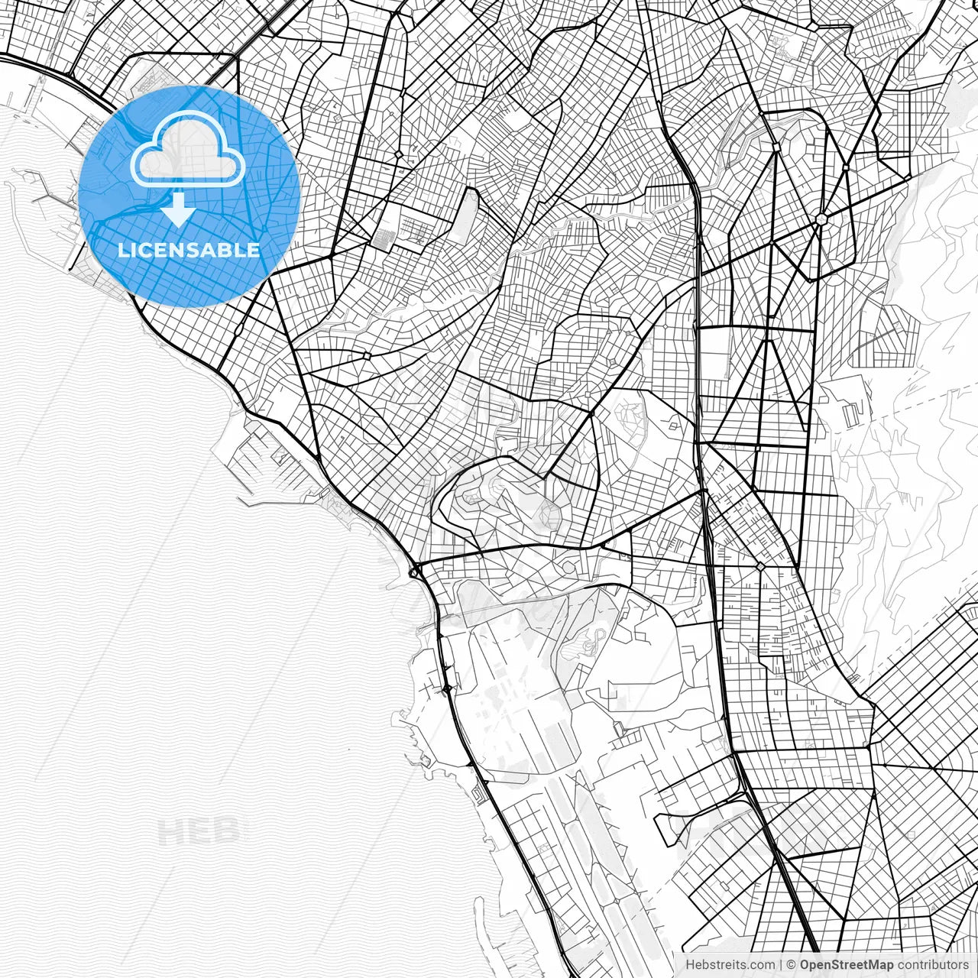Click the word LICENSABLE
(x=189, y=250)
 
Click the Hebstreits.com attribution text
(x=730, y=965)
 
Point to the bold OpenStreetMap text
(x=846, y=965)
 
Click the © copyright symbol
(x=792, y=965)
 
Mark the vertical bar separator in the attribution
(x=781, y=965)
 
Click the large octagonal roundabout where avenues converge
(x=821, y=219)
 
